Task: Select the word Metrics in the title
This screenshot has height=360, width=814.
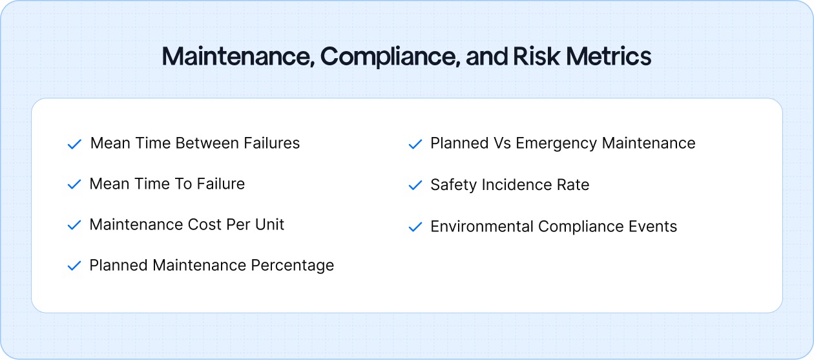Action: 609,57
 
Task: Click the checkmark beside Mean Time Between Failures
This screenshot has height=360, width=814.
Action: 74,144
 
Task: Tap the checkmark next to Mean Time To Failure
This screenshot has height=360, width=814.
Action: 74,185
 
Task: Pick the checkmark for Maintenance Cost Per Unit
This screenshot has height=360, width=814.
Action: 74,226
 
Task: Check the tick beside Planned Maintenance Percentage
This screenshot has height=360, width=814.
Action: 74,266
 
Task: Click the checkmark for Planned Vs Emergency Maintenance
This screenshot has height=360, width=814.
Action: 415,144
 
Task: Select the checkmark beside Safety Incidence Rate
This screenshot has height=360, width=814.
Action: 415,185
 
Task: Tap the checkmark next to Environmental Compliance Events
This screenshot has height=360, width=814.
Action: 415,228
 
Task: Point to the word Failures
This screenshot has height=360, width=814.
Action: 272,143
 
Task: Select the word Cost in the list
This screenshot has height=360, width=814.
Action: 204,224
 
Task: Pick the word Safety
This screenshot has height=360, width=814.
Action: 452,185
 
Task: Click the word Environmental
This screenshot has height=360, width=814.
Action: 482,226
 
